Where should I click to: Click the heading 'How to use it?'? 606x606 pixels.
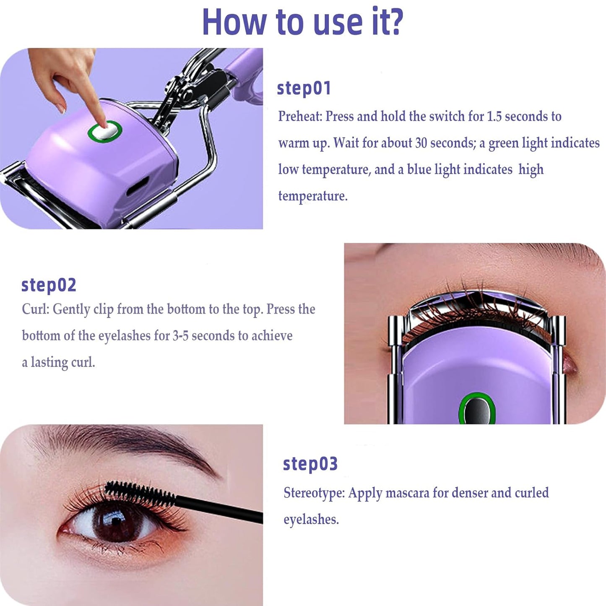coord(302,22)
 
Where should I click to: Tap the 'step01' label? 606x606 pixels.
coord(304,88)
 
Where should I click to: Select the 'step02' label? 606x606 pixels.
coord(49,285)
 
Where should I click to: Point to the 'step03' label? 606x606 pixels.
coord(310,464)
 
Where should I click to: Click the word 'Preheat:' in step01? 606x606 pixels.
coord(300,116)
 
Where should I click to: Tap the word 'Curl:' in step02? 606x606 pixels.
coord(36,309)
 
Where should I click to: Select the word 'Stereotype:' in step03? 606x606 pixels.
coord(314,493)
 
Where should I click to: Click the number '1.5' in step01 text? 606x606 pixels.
coord(494,116)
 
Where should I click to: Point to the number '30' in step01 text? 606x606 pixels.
coord(421,143)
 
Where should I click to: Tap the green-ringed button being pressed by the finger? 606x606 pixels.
coord(104,131)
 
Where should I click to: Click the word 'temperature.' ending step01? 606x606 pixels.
coord(313,196)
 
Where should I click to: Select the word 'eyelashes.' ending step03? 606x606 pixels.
coord(311,520)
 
